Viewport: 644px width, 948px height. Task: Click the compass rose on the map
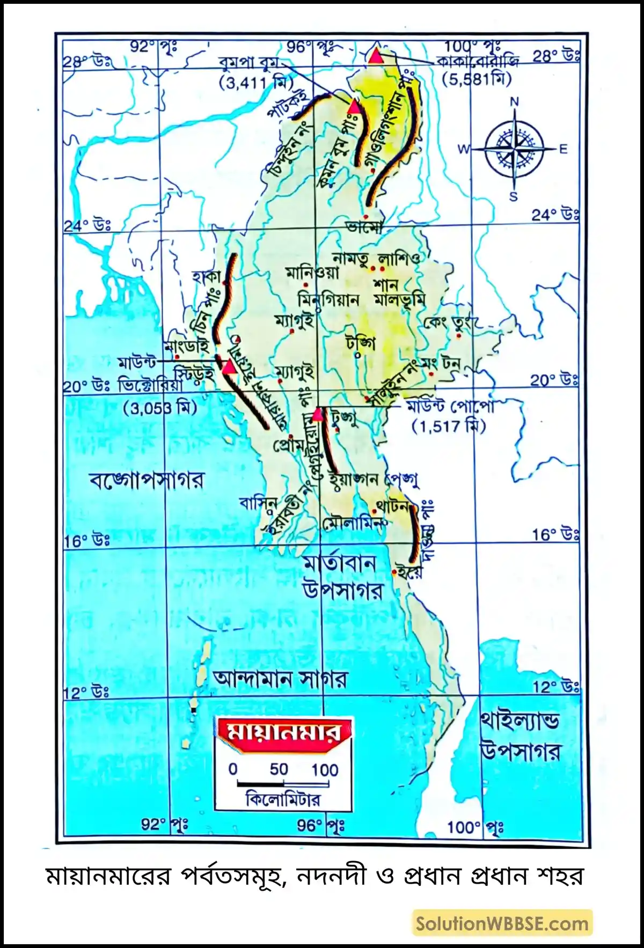tap(514, 148)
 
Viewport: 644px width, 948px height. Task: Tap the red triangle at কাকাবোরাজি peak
tap(376, 56)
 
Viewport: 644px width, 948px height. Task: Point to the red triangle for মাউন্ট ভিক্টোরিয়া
tap(230, 367)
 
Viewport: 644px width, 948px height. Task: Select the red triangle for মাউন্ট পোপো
tap(318, 415)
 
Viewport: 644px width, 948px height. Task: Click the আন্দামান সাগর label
tap(280, 679)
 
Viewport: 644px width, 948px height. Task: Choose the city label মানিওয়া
tap(312, 272)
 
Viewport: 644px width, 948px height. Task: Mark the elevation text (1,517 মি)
tap(449, 427)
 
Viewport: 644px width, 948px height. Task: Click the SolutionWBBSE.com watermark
tap(502, 923)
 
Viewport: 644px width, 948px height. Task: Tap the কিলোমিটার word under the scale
tap(283, 800)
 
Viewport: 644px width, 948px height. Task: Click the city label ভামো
tap(364, 227)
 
